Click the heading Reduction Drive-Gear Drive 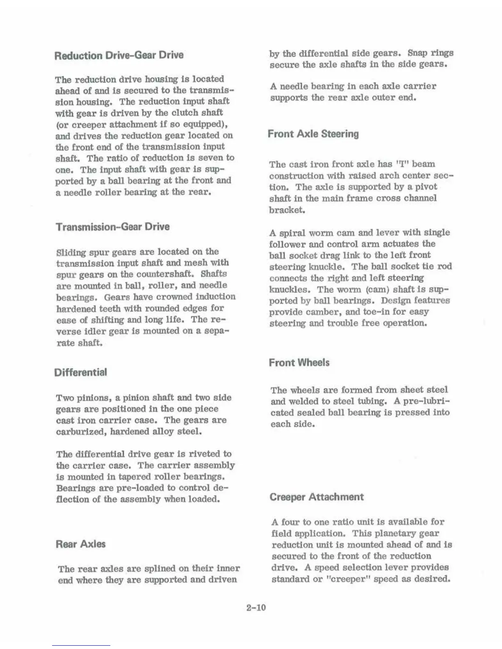pyautogui.click(x=119, y=55)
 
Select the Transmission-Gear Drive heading pyautogui.click(x=112, y=227)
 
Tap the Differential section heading pyautogui.click(x=80, y=372)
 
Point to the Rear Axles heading pyautogui.click(x=80, y=544)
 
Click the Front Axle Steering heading pyautogui.click(x=313, y=134)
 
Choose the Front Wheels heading pyautogui.click(x=299, y=363)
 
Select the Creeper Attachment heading pyautogui.click(x=317, y=497)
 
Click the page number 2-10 pyautogui.click(x=256, y=607)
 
